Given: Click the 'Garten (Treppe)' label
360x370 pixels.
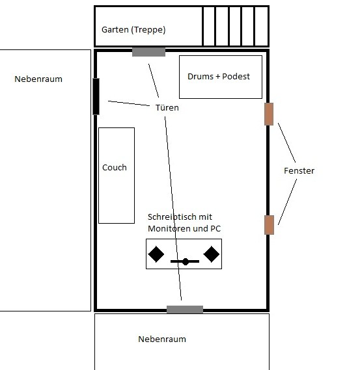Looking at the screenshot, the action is tap(133, 30).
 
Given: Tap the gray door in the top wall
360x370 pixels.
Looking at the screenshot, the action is tap(148, 52).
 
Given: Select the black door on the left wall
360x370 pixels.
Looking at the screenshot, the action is tap(96, 96).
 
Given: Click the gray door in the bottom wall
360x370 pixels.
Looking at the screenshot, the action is tap(185, 310).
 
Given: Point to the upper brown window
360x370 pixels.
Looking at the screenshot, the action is tap(269, 114).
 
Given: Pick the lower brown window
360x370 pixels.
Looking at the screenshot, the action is tap(269, 225).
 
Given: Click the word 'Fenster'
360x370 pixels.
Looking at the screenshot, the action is tap(299, 170).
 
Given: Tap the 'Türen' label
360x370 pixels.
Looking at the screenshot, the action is tap(167, 107).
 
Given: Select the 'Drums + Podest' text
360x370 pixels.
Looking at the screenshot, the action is tap(219, 77).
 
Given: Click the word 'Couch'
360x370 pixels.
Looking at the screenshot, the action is tap(115, 168).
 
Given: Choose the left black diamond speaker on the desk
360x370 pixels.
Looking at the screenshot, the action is tap(156, 254).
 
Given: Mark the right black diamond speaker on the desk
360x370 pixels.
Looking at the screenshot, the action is tap(211, 254).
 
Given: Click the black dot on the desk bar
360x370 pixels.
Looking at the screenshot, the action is tap(186, 261).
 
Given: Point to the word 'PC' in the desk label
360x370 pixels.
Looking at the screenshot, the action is tap(215, 228).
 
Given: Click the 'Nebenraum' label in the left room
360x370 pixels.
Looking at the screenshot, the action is tap(38, 79).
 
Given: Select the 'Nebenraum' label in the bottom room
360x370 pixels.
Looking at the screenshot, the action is tap(162, 339).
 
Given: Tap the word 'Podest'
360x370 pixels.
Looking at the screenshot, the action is tap(236, 77).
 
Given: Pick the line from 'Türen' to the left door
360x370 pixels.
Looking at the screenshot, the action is tap(129, 103).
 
